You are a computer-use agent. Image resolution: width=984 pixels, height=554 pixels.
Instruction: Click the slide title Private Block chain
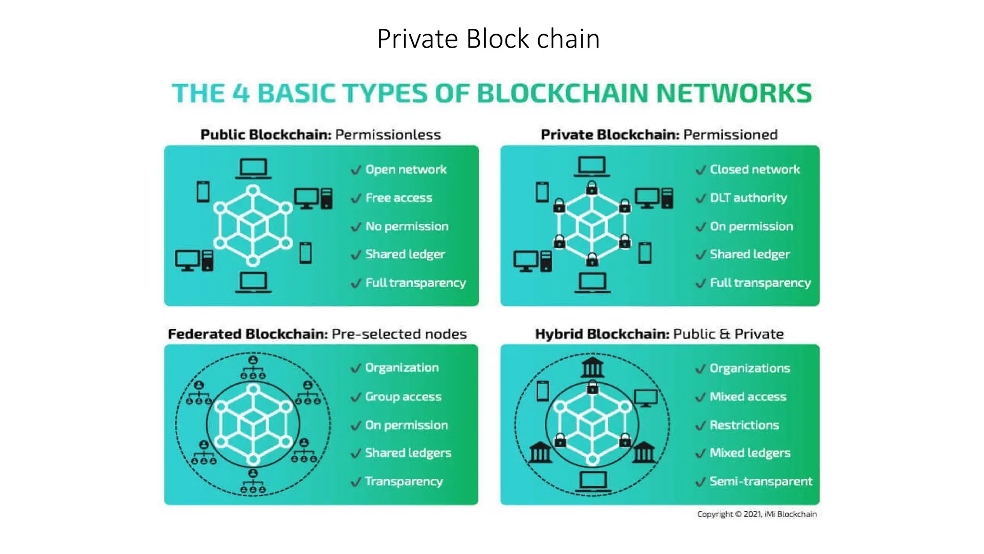click(x=488, y=39)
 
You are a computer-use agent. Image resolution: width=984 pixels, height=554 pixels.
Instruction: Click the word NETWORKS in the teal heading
click(x=734, y=93)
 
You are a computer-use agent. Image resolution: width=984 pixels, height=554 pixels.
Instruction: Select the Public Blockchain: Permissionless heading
click(x=320, y=135)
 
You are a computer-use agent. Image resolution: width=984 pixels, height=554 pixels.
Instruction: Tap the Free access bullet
click(x=398, y=198)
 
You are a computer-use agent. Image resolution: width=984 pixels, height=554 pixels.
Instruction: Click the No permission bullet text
click(x=406, y=226)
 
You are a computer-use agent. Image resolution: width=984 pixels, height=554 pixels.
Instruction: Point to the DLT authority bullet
click(x=748, y=198)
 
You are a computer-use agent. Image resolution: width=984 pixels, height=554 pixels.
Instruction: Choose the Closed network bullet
click(x=754, y=169)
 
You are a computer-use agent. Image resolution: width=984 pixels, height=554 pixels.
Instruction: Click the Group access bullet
click(x=403, y=397)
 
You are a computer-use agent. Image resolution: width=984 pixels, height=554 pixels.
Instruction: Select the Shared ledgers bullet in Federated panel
click(x=407, y=453)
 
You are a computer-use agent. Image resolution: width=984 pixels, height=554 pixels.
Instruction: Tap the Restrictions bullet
click(x=744, y=425)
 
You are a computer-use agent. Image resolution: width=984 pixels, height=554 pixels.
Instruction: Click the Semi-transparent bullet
click(x=761, y=481)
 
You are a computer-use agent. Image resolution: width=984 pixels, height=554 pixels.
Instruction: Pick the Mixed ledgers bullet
click(x=750, y=453)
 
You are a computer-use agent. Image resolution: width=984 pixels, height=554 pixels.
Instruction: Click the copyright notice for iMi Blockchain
click(x=757, y=514)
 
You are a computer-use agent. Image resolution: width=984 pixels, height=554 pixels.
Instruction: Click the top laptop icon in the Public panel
click(x=253, y=168)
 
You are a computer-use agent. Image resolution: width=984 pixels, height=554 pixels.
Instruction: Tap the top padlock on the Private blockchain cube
click(x=592, y=187)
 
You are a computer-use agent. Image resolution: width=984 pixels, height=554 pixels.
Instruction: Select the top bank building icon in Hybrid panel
click(x=592, y=367)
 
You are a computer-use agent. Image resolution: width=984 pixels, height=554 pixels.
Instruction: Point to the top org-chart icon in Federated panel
click(x=253, y=367)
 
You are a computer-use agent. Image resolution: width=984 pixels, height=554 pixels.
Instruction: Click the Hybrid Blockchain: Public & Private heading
click(x=659, y=334)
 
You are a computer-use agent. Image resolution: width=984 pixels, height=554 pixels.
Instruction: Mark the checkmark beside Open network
click(x=356, y=170)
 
